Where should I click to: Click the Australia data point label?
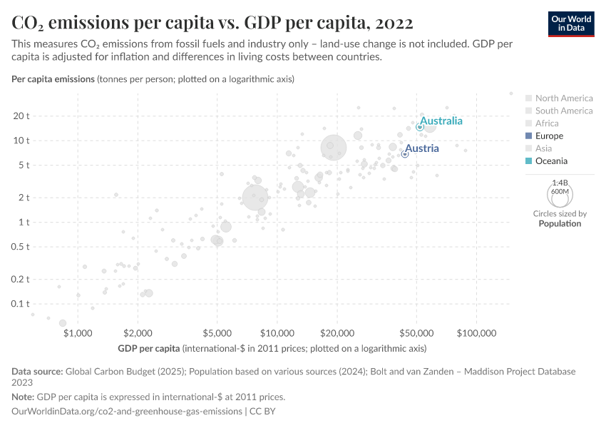point(441,121)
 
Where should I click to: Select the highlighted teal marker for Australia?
point(420,127)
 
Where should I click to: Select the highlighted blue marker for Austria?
point(405,154)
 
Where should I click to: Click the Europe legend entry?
point(549,136)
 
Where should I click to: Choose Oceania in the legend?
point(552,161)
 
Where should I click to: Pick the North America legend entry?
point(563,98)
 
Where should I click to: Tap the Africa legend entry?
point(547,123)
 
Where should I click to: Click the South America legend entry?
point(563,111)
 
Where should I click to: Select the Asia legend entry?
point(543,148)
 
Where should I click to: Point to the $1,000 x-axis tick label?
point(78,333)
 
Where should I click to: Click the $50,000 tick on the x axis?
point(416,333)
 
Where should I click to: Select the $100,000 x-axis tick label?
point(476,333)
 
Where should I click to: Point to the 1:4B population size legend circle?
point(560,193)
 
